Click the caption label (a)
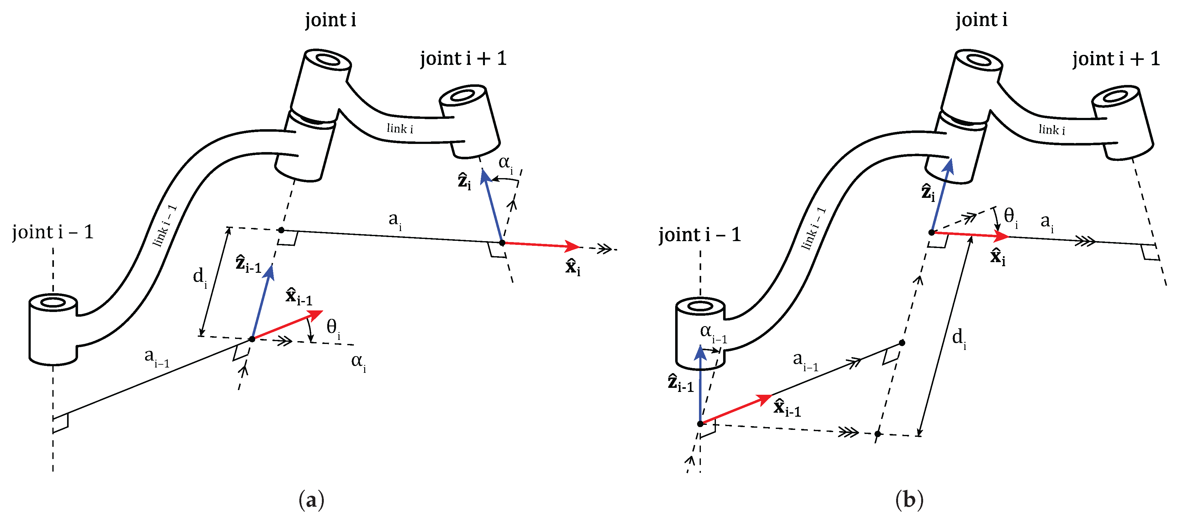[311, 499]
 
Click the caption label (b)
[909, 499]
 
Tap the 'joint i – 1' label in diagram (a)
[53, 232]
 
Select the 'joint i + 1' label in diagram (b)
[1116, 59]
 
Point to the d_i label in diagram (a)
[200, 277]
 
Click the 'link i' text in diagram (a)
[400, 129]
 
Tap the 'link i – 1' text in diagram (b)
[813, 229]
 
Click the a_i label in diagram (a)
[395, 220]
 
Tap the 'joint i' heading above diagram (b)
[981, 20]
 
